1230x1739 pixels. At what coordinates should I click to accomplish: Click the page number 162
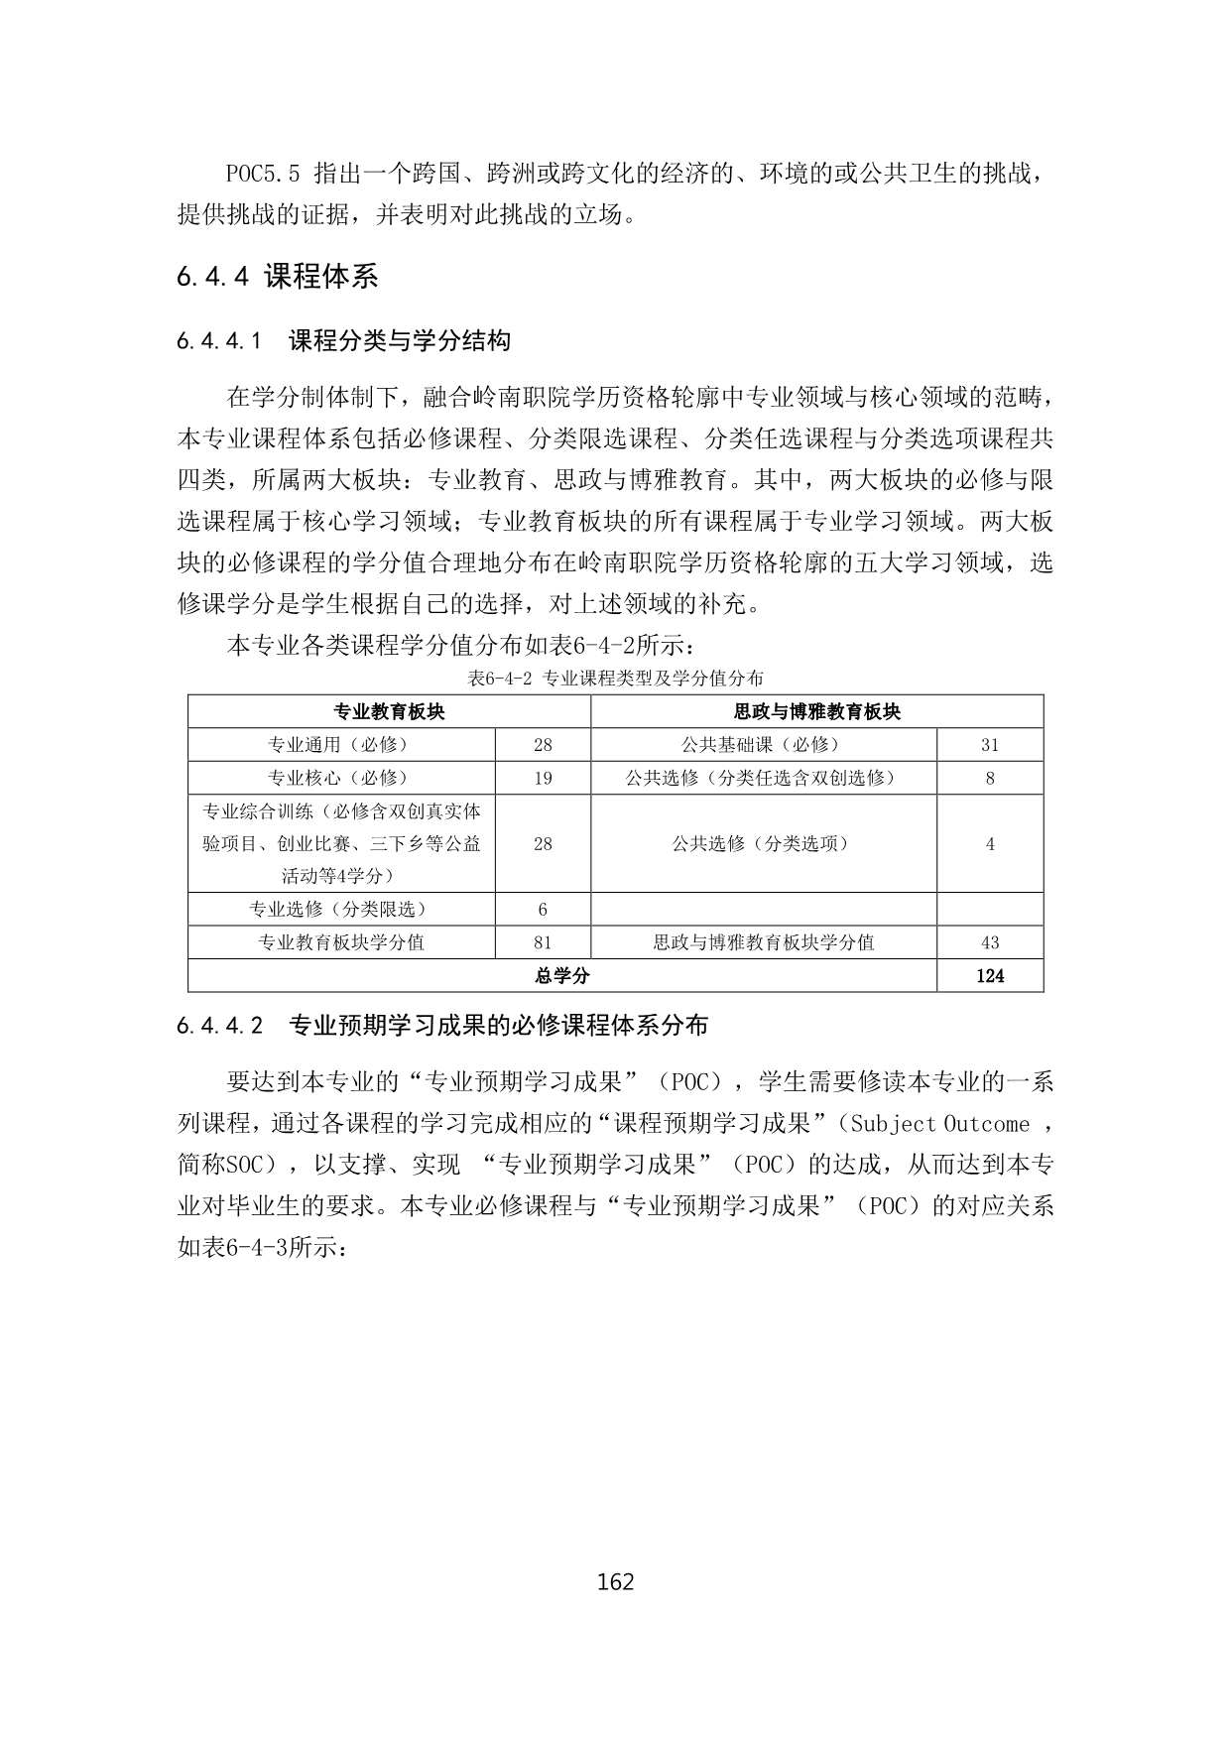tap(615, 1581)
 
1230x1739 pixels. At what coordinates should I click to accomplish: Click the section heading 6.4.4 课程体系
tap(278, 277)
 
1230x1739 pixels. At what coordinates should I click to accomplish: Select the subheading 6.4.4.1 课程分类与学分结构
tap(344, 341)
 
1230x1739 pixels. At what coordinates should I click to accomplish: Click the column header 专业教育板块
tap(389, 712)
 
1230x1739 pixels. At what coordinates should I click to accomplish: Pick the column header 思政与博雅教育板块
tap(816, 712)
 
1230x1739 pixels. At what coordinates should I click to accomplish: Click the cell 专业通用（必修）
tap(341, 745)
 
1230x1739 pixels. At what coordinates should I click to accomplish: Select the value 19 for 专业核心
tap(543, 778)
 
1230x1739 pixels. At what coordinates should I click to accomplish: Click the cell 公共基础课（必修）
tap(763, 745)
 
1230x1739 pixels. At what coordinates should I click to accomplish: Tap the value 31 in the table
tap(989, 745)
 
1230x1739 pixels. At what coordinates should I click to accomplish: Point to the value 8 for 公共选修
tap(989, 778)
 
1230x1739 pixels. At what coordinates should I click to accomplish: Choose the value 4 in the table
tap(989, 843)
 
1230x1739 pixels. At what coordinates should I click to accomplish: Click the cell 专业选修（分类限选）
tap(341, 909)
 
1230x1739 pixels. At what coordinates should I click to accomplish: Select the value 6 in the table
tap(543, 909)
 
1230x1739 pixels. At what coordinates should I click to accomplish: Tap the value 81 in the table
tap(543, 942)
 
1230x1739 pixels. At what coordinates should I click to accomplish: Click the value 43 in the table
tap(989, 942)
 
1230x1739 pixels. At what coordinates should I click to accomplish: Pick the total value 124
tap(989, 975)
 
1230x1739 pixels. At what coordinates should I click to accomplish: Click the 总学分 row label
tap(561, 975)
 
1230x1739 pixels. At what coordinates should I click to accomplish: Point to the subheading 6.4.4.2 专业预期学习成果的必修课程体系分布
tap(442, 1026)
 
